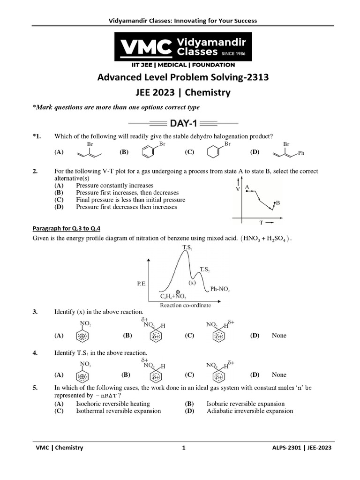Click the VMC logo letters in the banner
[146, 47]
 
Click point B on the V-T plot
[277, 202]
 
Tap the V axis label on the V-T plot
[238, 188]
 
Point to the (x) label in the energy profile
[192, 283]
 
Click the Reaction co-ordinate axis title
[186, 305]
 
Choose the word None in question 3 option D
[279, 335]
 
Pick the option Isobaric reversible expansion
[245, 404]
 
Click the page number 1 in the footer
[184, 448]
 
